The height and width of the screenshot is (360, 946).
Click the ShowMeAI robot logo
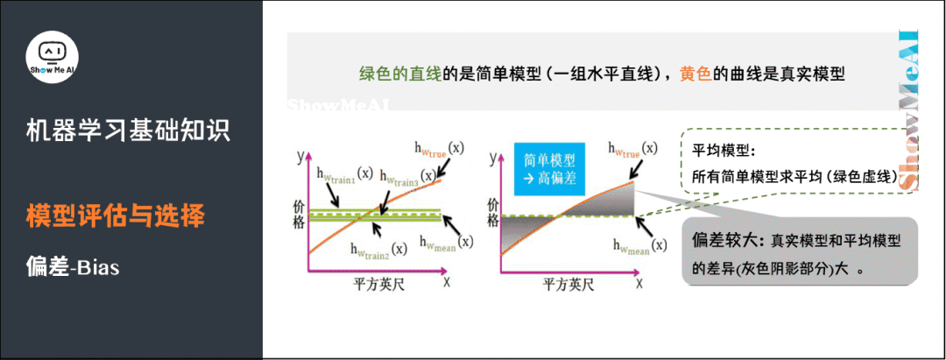tap(54, 60)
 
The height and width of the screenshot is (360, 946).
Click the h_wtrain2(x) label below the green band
tap(378, 250)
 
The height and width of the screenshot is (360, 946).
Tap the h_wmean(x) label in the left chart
tap(446, 242)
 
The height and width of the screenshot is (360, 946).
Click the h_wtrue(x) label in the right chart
tap(629, 148)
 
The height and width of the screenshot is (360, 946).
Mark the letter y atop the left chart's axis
tap(300, 158)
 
